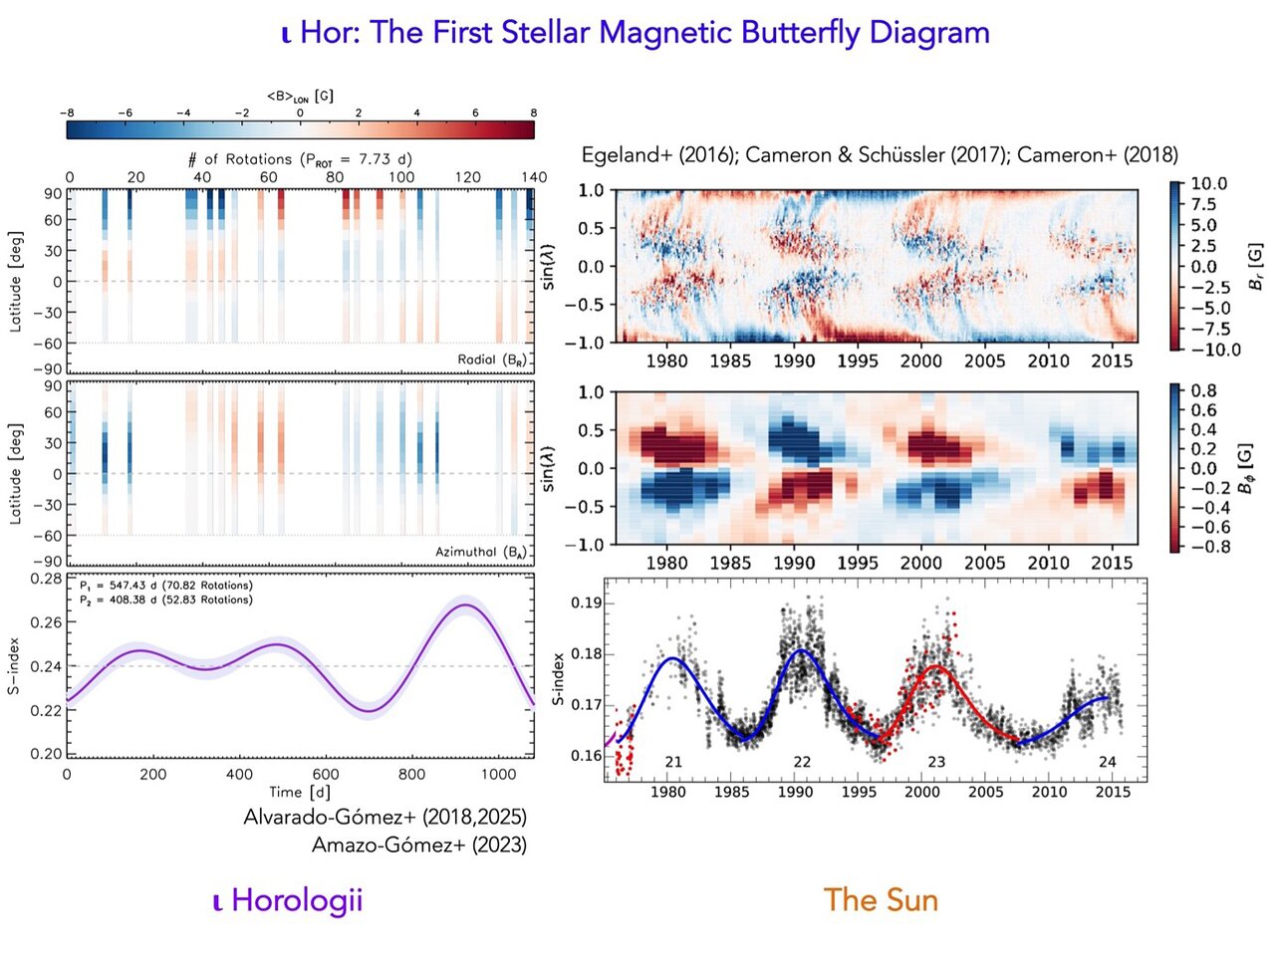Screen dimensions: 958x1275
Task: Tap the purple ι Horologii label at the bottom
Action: click(288, 900)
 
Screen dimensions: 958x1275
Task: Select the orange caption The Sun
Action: click(881, 900)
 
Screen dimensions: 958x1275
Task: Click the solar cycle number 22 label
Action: click(802, 762)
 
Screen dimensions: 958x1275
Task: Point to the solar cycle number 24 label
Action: click(1107, 762)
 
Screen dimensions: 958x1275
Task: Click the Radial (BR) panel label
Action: click(492, 359)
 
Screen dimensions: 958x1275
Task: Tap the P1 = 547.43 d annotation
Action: click(165, 586)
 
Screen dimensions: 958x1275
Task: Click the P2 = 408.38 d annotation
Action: click(165, 599)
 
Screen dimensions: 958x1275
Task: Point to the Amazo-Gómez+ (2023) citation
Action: click(418, 844)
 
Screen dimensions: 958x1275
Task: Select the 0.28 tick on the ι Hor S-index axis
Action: click(46, 579)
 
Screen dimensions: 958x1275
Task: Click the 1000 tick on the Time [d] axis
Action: click(498, 774)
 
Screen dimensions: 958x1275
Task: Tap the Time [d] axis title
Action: click(299, 792)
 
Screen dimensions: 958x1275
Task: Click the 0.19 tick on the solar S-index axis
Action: click(586, 603)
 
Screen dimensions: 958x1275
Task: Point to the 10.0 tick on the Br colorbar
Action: click(1208, 184)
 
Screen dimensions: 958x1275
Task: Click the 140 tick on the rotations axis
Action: click(534, 177)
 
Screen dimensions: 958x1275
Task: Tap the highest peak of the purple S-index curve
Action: click(464, 604)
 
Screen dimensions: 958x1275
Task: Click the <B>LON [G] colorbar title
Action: click(300, 97)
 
